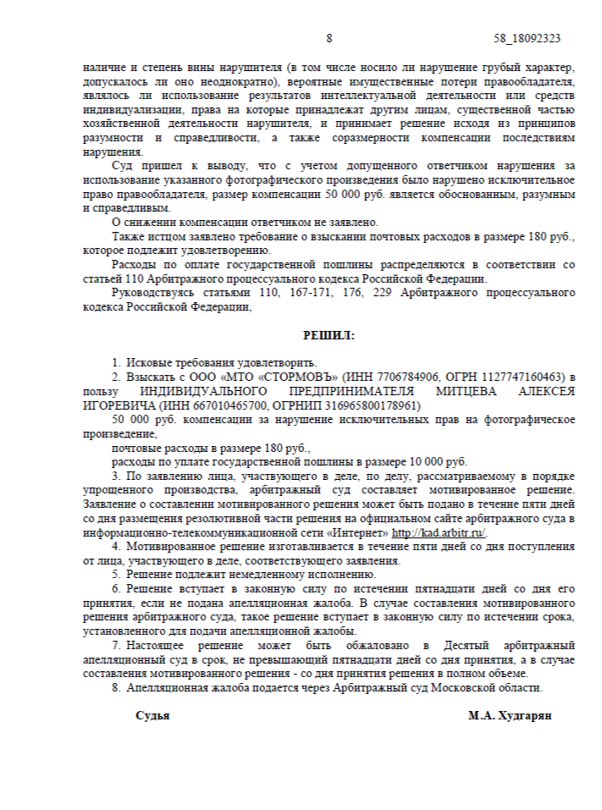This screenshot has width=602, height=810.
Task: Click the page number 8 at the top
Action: pos(329,39)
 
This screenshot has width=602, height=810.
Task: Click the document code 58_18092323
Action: pos(527,39)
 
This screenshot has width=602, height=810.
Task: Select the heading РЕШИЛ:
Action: pos(329,335)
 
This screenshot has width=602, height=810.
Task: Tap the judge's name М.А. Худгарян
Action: pos(510,715)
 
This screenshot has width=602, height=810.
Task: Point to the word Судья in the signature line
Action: pos(152,715)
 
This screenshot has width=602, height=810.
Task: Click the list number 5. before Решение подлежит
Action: pos(117,576)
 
